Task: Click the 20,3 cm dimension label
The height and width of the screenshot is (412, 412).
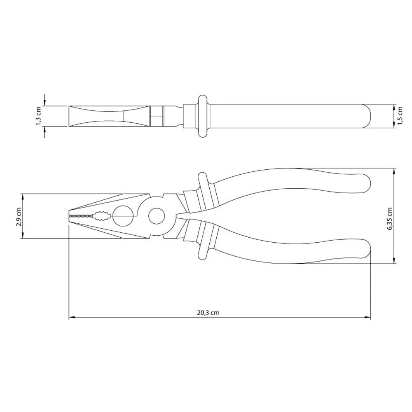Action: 208,313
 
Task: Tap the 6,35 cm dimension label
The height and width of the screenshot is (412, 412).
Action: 389,215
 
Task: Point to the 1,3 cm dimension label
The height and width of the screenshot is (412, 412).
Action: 39,116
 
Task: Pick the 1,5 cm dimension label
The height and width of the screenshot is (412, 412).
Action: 400,116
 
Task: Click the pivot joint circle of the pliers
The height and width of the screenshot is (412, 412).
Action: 156,215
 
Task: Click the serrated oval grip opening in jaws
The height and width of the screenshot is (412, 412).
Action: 101,215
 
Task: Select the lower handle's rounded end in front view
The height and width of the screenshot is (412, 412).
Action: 365,248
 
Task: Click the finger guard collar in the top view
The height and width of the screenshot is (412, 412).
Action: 202,116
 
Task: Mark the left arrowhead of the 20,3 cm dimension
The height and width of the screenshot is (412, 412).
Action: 70,317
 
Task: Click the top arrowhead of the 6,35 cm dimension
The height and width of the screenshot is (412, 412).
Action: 395,170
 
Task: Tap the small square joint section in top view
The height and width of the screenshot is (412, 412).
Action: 156,116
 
